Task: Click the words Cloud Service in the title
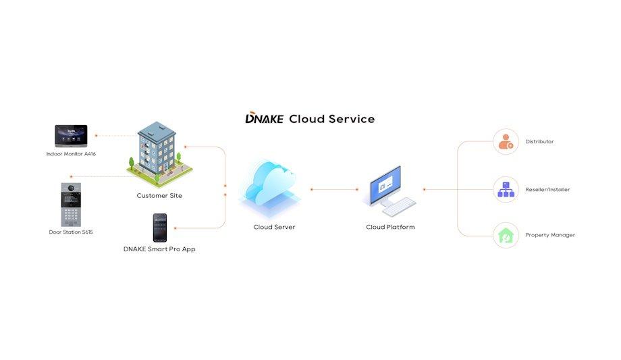point(331,119)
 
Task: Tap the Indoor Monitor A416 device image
point(74,136)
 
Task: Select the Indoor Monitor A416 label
point(71,154)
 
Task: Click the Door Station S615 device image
point(71,204)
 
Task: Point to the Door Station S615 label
point(71,232)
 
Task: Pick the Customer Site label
point(159,196)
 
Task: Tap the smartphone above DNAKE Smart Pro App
point(159,228)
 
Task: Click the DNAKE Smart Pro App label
point(159,249)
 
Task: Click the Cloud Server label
point(274,227)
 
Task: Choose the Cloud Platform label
point(390,227)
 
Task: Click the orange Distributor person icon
point(506,142)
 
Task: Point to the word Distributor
point(539,142)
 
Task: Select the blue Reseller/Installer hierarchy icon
point(506,190)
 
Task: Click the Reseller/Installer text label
point(547,190)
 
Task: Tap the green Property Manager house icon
point(506,235)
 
